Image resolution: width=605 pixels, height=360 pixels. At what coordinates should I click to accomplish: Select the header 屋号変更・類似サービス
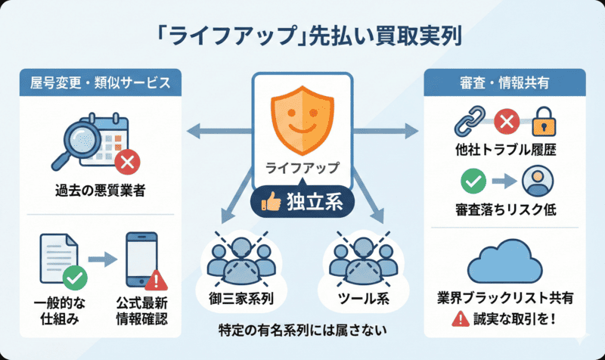(100, 82)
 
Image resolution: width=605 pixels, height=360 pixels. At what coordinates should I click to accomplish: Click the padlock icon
(546, 121)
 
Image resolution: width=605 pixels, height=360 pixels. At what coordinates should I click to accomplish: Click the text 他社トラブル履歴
(504, 150)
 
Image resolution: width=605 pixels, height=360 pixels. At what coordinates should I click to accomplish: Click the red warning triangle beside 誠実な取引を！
(459, 319)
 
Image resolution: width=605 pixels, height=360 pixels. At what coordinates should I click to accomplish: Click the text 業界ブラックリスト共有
(503, 298)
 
